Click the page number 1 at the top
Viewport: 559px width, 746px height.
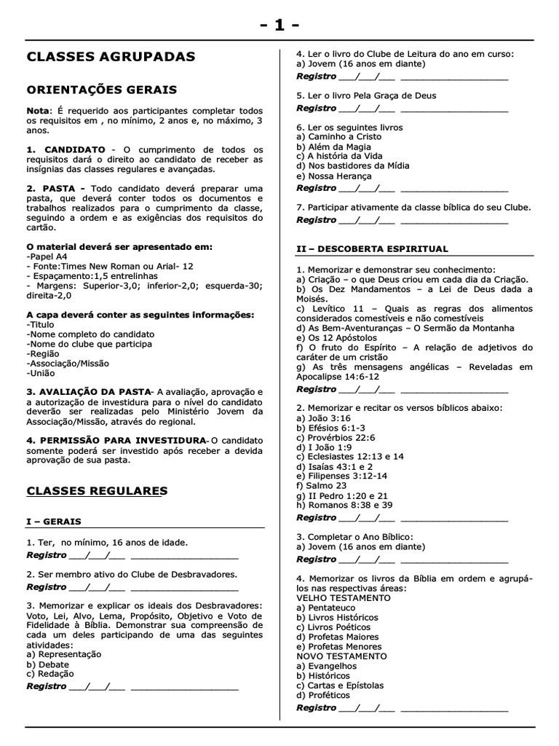279,25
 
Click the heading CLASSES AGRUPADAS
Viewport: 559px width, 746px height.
111,57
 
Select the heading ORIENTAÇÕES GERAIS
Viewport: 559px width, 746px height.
101,90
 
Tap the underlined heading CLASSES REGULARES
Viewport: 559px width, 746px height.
97,491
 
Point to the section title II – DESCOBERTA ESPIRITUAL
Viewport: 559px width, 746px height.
372,249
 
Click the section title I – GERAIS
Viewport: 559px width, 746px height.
54,522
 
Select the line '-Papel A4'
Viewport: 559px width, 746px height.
47,257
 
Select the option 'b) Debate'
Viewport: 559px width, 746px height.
48,664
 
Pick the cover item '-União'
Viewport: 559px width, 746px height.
39,373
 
